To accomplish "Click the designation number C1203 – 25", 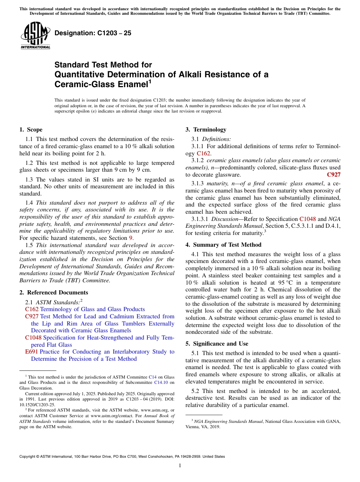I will point(93,33).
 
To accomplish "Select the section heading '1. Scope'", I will point(31,130).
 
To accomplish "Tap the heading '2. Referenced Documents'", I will point(54,293).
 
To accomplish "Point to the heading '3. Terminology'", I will point(206,130).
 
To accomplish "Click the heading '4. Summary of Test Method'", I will point(223,244).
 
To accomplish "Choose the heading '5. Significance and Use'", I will point(217,344).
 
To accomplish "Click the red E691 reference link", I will point(31,352).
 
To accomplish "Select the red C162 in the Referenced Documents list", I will point(32,309).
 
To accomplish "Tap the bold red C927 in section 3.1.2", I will point(333,175).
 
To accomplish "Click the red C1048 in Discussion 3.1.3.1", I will point(307,219).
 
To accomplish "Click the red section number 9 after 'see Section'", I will point(131,238).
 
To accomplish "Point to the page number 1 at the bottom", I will point(180,466).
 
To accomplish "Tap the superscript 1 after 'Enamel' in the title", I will point(150,81).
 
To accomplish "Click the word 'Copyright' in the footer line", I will point(29,457).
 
